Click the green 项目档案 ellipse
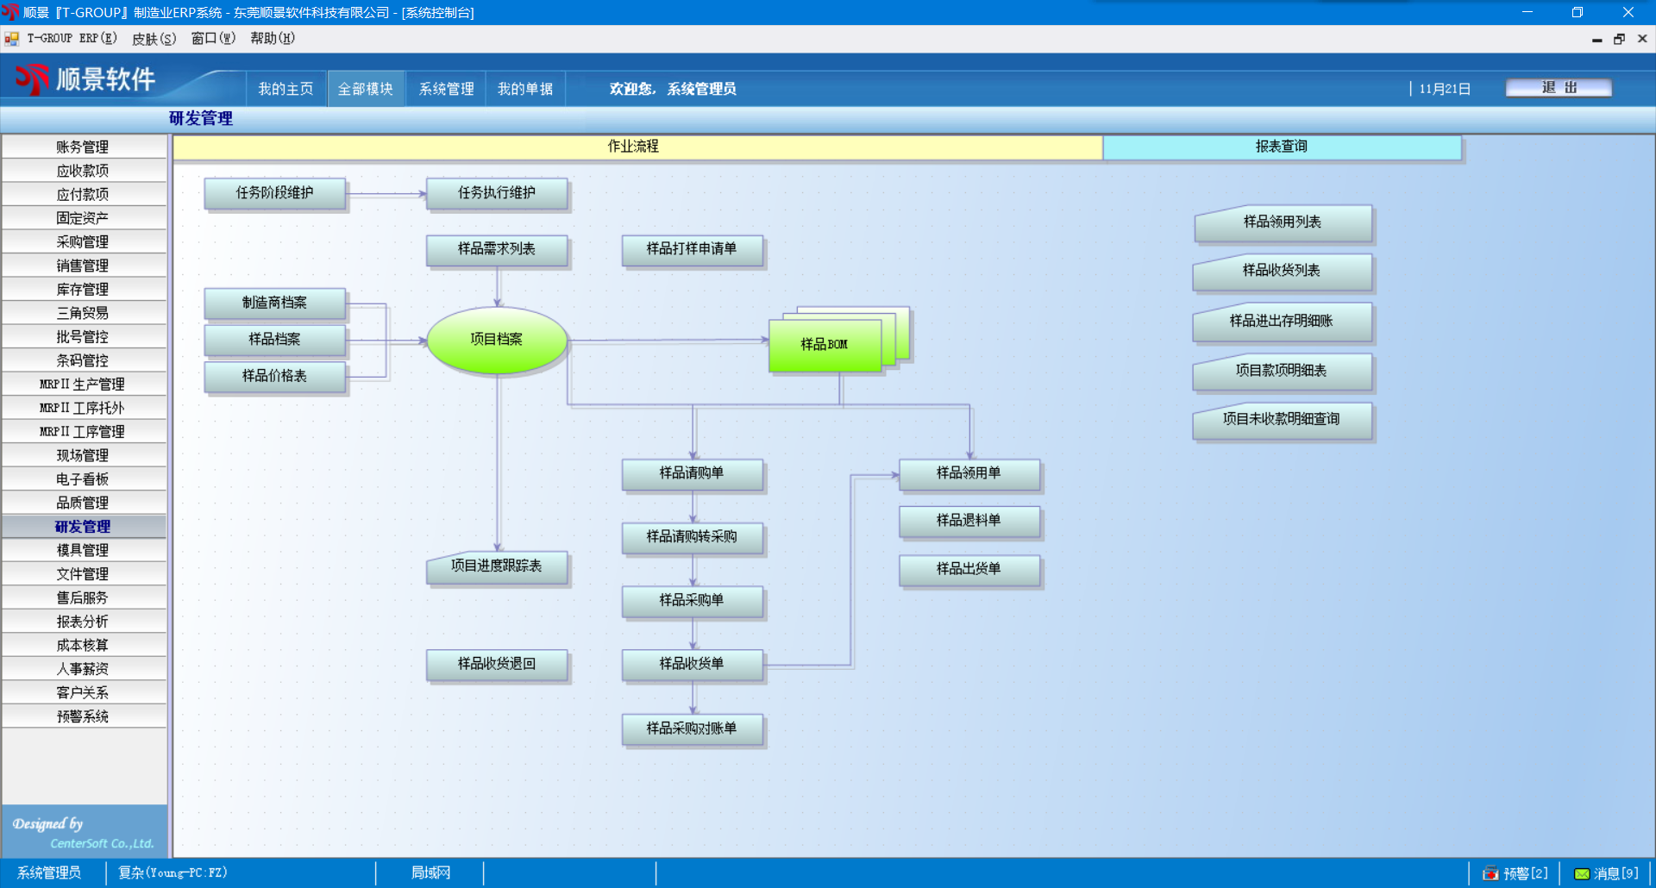click(497, 340)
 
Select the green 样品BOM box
click(825, 345)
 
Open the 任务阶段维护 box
click(274, 193)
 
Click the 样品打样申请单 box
click(692, 249)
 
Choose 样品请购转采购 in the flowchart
click(692, 537)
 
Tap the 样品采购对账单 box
click(692, 729)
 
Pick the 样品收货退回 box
click(497, 664)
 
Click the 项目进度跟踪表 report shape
click(497, 566)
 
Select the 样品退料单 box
click(969, 521)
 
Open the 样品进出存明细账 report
click(1282, 322)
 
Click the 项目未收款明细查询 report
click(1282, 420)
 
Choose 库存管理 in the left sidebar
click(83, 290)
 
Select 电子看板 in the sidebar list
click(83, 479)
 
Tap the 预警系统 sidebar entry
click(83, 716)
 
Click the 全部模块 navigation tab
click(366, 89)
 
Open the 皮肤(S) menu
click(154, 39)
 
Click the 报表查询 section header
click(1282, 147)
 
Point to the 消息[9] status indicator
click(1606, 873)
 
